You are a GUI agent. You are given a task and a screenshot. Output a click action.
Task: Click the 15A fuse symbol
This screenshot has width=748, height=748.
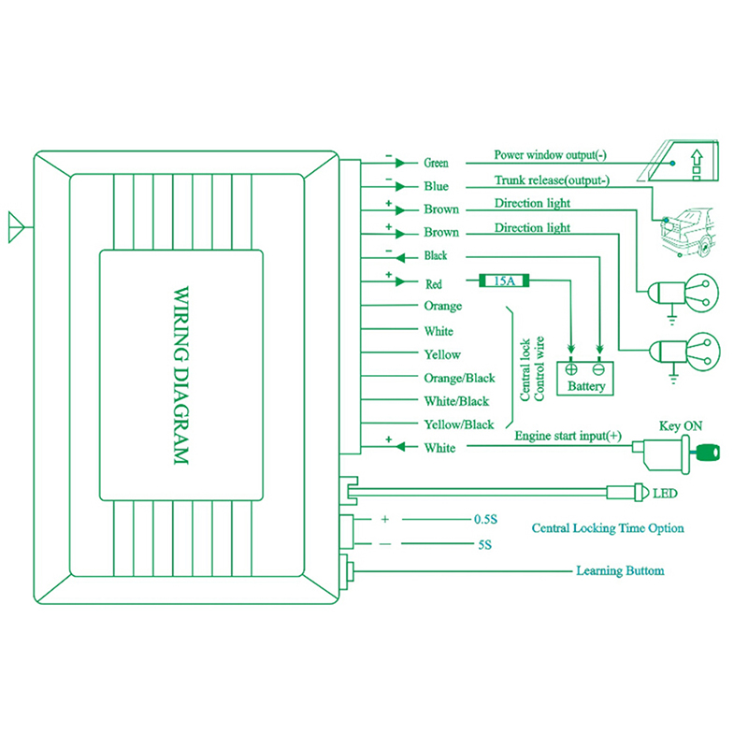point(504,280)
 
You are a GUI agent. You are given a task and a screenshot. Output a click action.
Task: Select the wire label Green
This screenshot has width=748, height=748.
point(436,163)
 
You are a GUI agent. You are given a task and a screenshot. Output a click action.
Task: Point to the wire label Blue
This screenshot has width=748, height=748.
point(436,186)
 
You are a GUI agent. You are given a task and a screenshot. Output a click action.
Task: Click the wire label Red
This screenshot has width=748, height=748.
point(433,282)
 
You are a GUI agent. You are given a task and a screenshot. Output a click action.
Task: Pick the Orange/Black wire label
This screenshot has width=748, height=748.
point(459,378)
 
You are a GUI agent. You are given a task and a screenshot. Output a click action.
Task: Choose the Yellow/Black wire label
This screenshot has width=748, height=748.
point(458,424)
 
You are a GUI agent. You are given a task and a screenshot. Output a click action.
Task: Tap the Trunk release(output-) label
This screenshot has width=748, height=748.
point(552,180)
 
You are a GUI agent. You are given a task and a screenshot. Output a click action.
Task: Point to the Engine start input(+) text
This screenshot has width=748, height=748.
point(568,436)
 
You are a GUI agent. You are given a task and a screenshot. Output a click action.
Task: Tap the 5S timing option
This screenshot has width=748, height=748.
point(483,543)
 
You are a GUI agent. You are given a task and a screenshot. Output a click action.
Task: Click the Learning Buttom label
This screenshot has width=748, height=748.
point(620,569)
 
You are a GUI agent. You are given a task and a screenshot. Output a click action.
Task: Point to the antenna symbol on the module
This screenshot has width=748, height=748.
point(16,224)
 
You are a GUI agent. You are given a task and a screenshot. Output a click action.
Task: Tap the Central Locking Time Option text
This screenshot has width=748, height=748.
point(607,528)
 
